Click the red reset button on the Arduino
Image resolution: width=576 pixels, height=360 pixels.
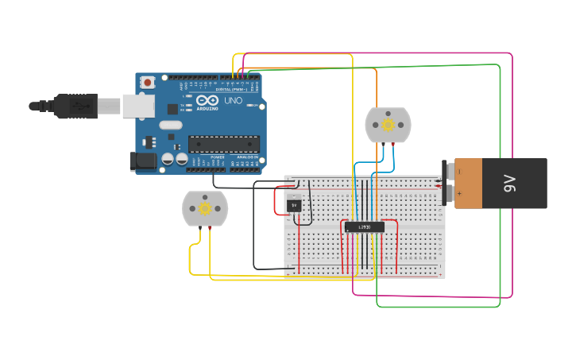coord(148,82)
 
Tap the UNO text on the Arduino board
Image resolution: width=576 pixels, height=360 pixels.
coord(234,102)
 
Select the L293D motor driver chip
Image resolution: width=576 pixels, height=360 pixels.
coord(365,227)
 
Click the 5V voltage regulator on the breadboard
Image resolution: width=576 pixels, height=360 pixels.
coord(294,205)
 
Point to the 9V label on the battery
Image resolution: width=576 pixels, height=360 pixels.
coord(509,184)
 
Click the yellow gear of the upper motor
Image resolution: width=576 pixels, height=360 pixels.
coord(388,125)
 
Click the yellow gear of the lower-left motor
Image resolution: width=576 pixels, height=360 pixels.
coord(205,208)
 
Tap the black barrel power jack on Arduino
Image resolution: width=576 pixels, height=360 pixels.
coord(143,161)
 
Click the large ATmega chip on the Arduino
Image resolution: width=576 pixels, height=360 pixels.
coord(223,144)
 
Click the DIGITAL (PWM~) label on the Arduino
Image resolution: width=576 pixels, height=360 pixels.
coord(230,89)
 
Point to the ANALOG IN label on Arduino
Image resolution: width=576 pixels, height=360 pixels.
coord(245,157)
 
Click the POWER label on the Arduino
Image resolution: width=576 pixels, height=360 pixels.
coord(217,157)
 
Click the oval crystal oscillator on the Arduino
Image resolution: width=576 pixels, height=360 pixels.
coord(171,125)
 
